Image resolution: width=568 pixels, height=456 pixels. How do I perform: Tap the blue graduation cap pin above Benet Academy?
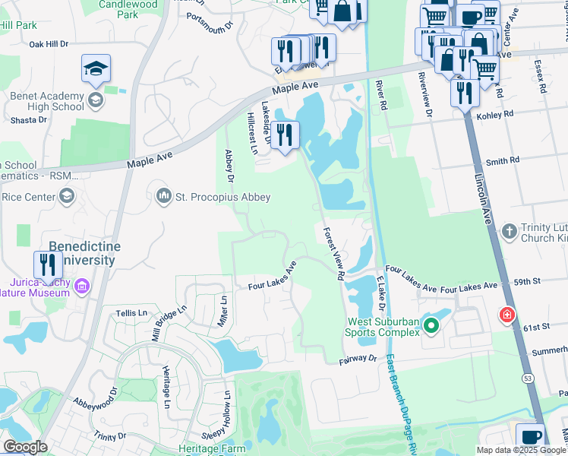click(x=96, y=70)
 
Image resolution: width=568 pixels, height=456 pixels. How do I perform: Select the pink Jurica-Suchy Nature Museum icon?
click(x=82, y=287)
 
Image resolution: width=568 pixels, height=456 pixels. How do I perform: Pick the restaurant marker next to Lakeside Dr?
click(x=285, y=135)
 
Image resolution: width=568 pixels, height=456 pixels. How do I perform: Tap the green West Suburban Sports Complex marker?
click(x=431, y=327)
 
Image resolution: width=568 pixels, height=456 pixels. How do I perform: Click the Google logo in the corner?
click(x=25, y=447)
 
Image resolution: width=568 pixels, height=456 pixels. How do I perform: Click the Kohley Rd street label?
click(x=495, y=114)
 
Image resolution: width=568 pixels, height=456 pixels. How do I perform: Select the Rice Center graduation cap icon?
click(x=67, y=198)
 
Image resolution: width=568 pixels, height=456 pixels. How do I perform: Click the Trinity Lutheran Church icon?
click(x=510, y=230)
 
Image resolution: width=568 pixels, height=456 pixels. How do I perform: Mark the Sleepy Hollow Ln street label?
click(x=228, y=414)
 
